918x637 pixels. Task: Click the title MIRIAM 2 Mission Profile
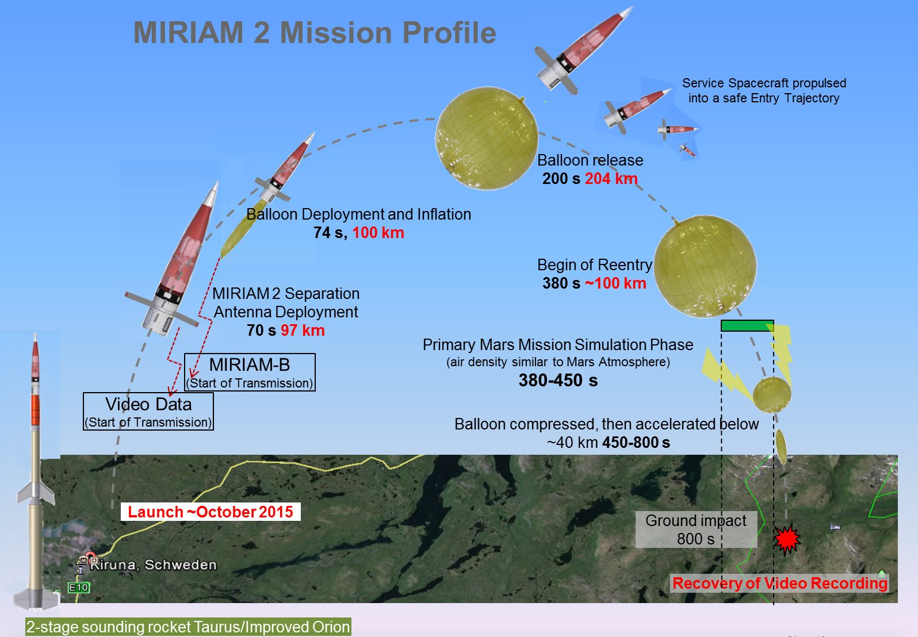[315, 32]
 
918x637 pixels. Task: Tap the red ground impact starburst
[787, 539]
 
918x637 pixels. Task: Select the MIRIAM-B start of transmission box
[250, 373]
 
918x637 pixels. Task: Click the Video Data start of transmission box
[148, 412]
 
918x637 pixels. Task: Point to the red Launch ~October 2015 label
[211, 512]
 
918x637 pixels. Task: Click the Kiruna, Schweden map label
[153, 565]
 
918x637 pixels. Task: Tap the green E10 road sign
[78, 588]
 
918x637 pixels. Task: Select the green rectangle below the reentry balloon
[747, 326]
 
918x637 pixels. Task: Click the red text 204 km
[611, 179]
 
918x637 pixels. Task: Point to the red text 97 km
[303, 331]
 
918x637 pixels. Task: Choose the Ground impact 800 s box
[696, 529]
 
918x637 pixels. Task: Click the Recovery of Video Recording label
[780, 584]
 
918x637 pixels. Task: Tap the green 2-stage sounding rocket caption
[188, 627]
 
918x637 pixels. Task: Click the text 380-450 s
[558, 381]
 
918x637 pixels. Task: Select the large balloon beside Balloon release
[487, 139]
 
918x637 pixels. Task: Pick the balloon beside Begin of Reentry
[705, 266]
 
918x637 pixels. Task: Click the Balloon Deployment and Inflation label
[358, 214]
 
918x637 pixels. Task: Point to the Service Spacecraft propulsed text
[764, 90]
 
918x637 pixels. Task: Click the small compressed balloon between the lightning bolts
[772, 395]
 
